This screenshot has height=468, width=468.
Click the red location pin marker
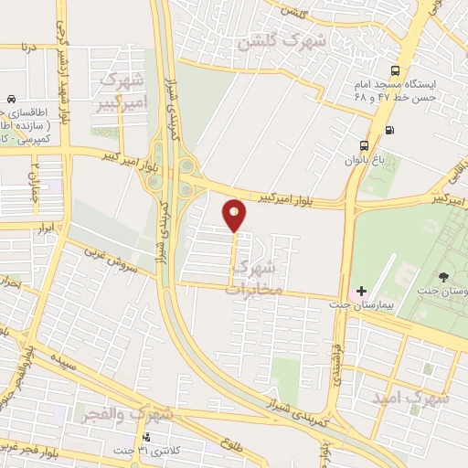tap(235, 215)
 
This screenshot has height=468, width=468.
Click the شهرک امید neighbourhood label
tap(411, 399)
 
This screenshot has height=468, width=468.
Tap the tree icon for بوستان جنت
tap(444, 277)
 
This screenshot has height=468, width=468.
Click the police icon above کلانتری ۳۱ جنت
tap(145, 436)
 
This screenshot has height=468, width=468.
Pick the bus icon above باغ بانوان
tap(365, 144)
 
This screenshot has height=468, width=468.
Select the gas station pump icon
tap(390, 129)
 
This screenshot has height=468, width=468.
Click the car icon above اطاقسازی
tap(10, 99)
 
